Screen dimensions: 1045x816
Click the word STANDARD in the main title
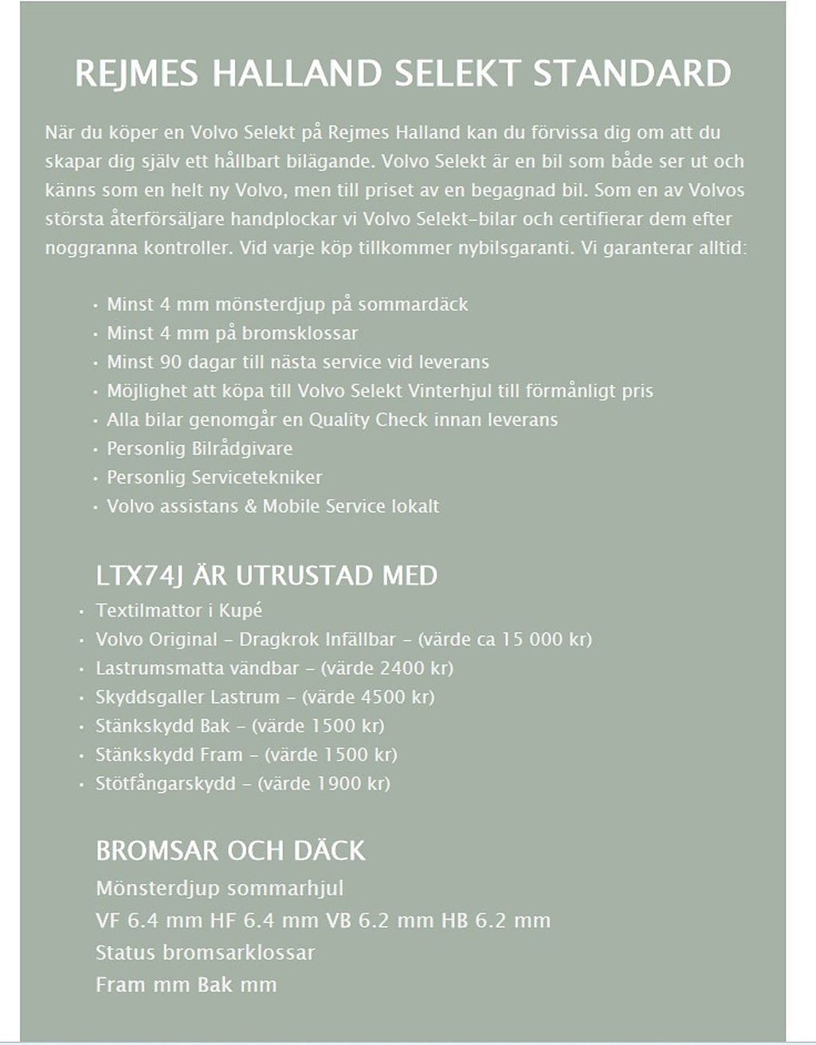(x=632, y=73)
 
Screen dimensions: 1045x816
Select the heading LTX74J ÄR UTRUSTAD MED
(x=266, y=575)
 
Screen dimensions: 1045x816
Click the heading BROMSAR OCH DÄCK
(x=230, y=850)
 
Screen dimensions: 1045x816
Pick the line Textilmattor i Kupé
(x=178, y=610)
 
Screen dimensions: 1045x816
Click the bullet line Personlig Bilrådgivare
(x=199, y=448)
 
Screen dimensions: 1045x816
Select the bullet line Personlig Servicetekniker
(x=214, y=477)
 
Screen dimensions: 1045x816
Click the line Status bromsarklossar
(x=205, y=952)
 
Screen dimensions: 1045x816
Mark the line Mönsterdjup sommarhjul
(x=219, y=888)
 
